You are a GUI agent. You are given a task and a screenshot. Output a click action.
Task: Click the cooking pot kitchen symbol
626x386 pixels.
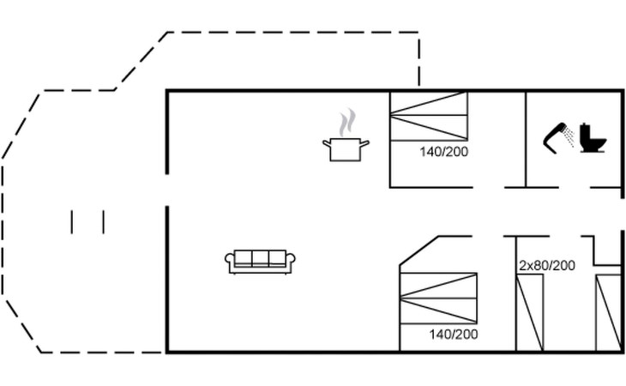coord(346,149)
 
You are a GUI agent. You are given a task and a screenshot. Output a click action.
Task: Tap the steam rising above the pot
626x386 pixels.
coord(347,123)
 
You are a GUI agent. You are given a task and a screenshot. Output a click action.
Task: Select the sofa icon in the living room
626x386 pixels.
coord(260,262)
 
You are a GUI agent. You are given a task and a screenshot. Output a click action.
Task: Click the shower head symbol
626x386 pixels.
coord(558,138)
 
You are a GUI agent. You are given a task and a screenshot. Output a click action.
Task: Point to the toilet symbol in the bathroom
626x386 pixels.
coord(593,138)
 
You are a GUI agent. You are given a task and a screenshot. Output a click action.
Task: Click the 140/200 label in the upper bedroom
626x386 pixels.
coord(443,152)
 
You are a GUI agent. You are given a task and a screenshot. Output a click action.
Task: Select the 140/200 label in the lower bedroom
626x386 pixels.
coord(453,334)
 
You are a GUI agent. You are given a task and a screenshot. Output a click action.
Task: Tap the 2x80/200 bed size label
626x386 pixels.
coord(546,265)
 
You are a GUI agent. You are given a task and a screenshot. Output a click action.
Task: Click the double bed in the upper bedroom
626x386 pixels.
coord(429,116)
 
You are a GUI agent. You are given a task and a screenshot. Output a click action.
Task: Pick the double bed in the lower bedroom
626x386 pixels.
coord(438,298)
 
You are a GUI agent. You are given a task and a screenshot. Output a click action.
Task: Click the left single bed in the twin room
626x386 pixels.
coord(530,312)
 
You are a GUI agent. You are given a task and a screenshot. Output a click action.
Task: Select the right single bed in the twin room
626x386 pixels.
coord(609,312)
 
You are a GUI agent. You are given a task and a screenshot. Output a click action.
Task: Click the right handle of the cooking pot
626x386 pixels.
coord(364,143)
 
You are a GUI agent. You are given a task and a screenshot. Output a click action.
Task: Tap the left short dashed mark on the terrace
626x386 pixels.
coord(72,222)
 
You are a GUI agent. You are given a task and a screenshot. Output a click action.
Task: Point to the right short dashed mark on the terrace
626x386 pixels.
coord(104,222)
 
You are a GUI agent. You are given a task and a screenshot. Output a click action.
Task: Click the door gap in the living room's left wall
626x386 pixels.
coord(167,190)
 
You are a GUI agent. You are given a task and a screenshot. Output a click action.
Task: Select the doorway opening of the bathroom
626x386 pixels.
coord(574,187)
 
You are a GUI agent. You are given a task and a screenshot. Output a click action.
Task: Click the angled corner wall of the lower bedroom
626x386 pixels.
coord(418,250)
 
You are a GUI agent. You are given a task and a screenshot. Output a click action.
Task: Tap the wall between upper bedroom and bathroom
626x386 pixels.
coord(527,139)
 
